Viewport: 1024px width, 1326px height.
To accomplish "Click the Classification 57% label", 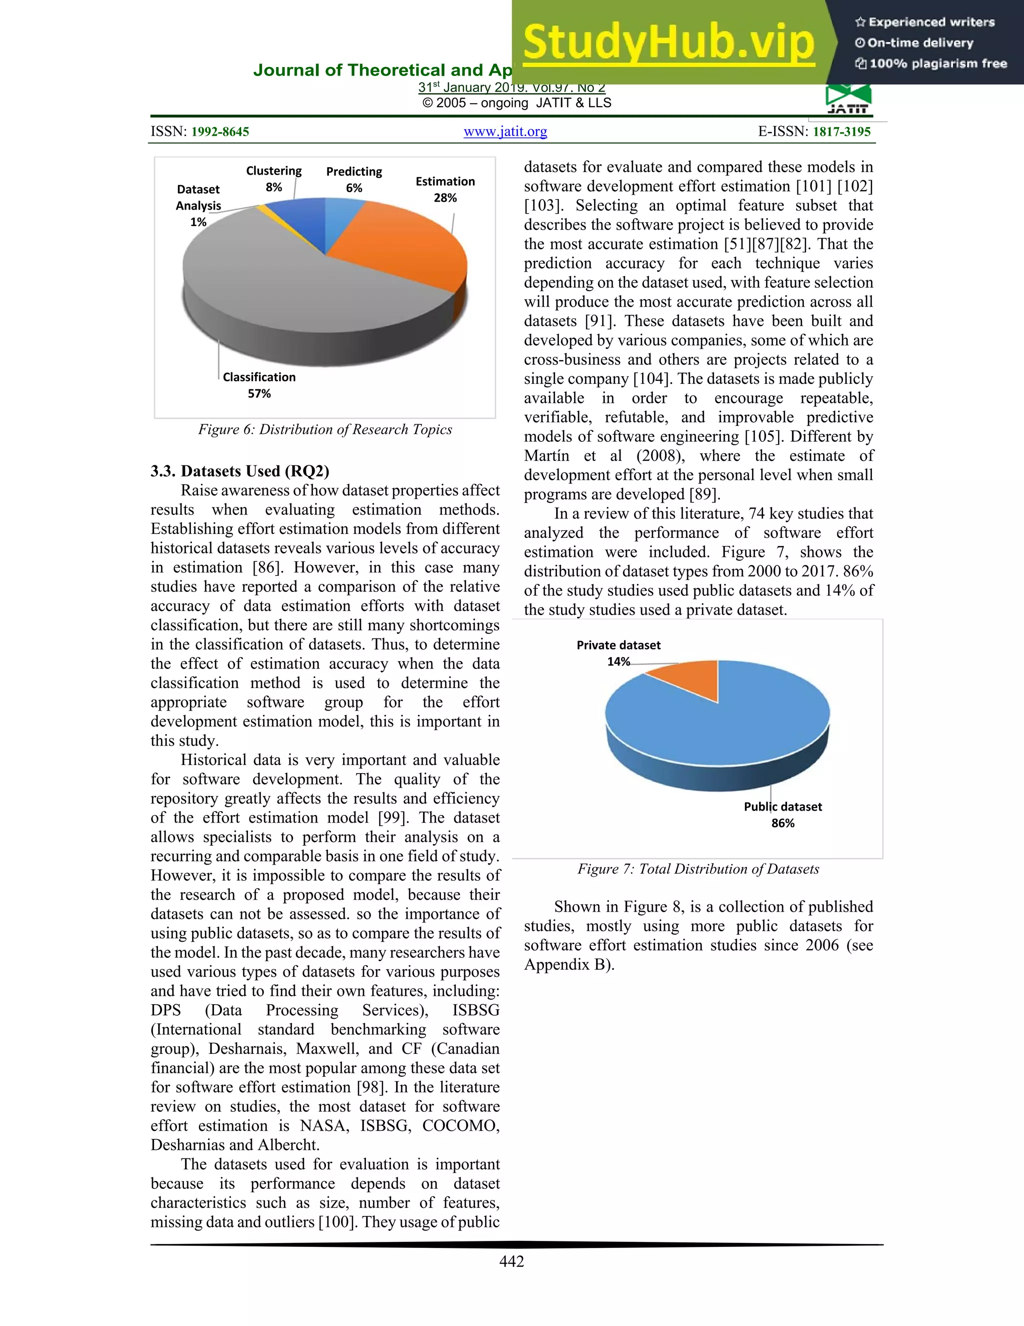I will [259, 385].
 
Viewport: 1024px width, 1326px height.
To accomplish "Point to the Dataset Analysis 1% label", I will [198, 205].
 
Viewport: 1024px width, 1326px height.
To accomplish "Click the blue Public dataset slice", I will [728, 729].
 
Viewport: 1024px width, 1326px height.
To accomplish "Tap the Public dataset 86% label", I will [782, 814].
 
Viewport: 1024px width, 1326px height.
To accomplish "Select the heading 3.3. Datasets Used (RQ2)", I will [239, 471].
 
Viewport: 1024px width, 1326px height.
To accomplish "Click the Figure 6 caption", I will [324, 429].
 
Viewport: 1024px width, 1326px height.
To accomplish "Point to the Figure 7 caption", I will [697, 869].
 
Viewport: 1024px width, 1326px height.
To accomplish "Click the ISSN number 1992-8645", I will [219, 132].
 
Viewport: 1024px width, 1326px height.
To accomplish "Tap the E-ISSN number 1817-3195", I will [841, 132].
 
